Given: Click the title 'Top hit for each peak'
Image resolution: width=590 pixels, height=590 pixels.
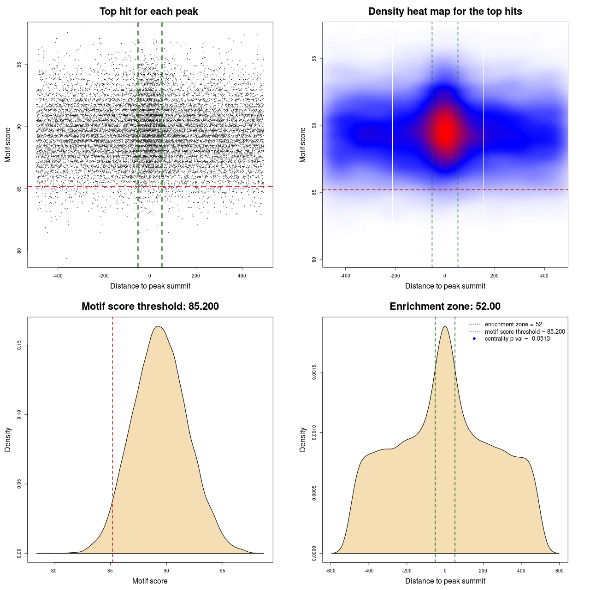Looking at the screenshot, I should point(149,12).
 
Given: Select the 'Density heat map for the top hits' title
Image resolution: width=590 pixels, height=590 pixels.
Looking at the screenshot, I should point(445,12).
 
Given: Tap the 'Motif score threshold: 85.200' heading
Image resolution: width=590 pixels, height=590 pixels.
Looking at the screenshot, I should point(150,307).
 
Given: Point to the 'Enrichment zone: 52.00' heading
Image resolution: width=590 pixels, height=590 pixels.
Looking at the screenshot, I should point(445,307).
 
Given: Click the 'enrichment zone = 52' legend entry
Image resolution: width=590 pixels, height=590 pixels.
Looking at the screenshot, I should point(513,324).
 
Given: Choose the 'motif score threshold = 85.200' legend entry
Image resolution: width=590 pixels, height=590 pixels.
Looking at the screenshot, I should point(525,331).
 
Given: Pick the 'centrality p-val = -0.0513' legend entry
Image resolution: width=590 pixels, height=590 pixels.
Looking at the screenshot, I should point(517,339).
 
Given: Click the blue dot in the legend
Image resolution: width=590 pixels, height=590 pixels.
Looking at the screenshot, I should point(474,339).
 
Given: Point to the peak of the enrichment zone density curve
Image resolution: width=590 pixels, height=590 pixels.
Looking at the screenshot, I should point(445,326).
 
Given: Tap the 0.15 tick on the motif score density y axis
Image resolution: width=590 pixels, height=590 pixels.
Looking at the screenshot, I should point(19,345).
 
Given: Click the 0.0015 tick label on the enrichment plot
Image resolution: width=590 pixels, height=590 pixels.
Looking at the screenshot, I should point(314,372).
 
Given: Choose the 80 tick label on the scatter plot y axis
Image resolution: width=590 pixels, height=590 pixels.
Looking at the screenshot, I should point(19,251).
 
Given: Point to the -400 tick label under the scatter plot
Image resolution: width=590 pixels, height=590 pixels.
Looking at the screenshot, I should point(58,276).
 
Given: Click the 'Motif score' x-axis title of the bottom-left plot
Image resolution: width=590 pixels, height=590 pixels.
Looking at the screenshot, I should point(150,581).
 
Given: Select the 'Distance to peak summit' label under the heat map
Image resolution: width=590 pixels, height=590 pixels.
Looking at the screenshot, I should point(445,286).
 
